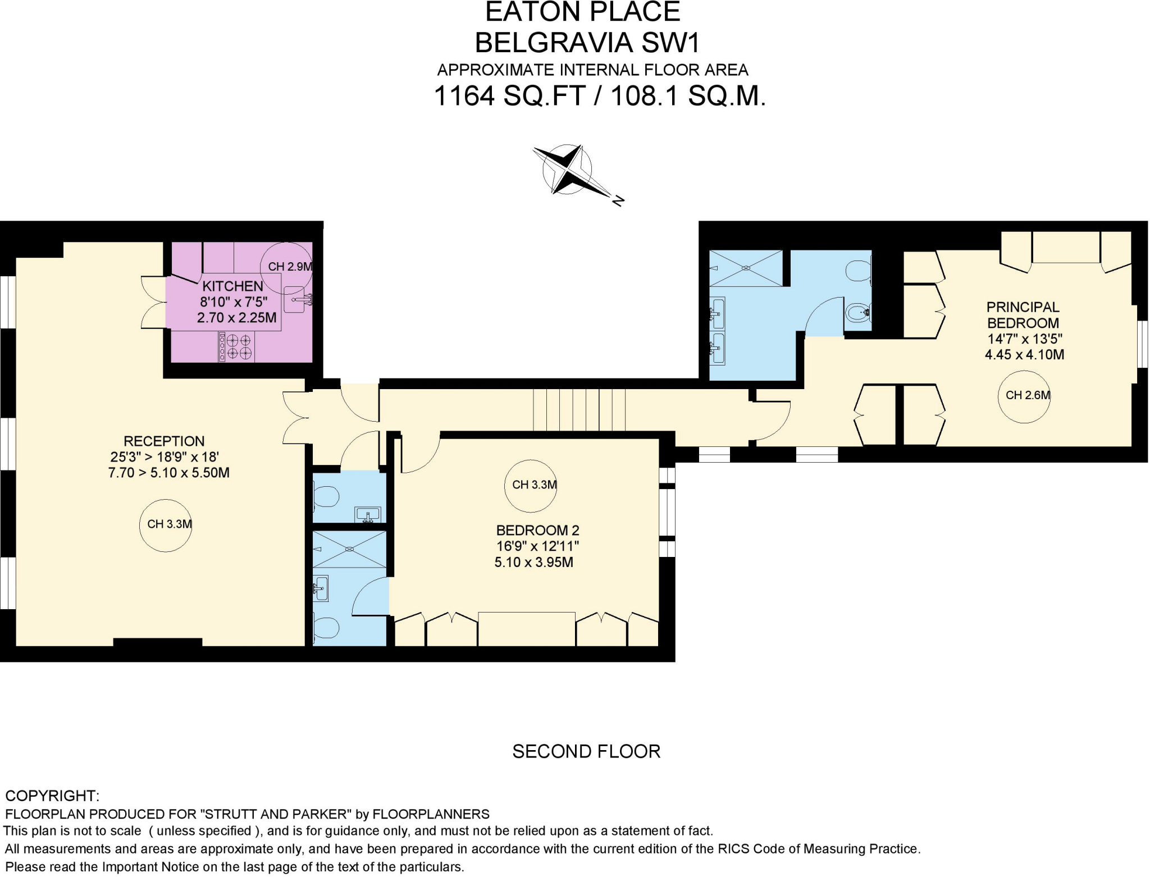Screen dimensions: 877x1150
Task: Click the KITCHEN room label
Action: click(232, 286)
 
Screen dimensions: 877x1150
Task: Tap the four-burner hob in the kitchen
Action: click(236, 346)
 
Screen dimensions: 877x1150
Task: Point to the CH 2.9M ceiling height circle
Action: click(286, 267)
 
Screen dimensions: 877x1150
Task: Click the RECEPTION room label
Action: click(164, 441)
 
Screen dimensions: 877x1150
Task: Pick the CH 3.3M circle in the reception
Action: click(166, 525)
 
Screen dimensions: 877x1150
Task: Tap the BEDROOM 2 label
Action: click(537, 530)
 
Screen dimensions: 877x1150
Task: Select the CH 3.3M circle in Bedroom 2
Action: click(531, 485)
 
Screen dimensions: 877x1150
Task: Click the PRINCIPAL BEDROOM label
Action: click(1023, 315)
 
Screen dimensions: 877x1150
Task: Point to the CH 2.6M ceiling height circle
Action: click(1024, 396)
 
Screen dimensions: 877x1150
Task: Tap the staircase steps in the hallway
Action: click(579, 409)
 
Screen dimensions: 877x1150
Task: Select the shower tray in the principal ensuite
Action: click(746, 268)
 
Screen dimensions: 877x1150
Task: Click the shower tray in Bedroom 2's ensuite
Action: click(349, 549)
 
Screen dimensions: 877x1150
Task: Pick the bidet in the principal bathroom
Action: click(857, 312)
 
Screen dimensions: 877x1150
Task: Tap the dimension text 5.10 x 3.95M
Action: click(533, 562)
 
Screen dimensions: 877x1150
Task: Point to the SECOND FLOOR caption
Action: click(586, 751)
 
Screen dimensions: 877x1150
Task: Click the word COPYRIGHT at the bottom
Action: click(52, 796)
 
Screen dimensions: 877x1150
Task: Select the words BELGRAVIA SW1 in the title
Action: click(587, 43)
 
